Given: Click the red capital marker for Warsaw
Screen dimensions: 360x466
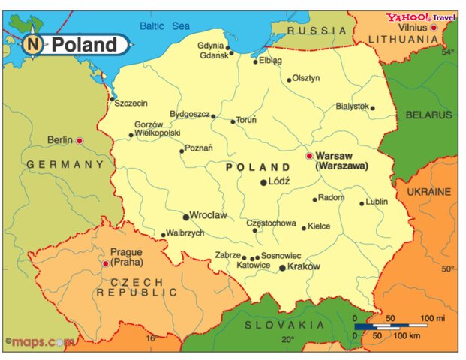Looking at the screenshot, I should [309, 156].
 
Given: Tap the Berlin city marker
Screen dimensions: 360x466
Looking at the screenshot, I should [80, 140].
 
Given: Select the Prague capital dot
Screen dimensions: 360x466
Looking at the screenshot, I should [105, 263].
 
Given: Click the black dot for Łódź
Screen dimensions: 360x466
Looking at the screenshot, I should [263, 182].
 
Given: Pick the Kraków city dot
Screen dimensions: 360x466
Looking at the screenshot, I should [282, 268].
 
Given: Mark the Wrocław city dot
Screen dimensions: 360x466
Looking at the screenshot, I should [186, 217].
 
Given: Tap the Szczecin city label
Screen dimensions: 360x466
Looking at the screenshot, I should [131, 103].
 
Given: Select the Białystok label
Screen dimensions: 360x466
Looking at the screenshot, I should [352, 106].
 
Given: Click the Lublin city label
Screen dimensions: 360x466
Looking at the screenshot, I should [377, 202].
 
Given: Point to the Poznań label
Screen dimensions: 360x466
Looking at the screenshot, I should [198, 148].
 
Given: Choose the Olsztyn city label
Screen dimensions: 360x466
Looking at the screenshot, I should [305, 77].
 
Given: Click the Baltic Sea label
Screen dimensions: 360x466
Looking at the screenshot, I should [164, 26].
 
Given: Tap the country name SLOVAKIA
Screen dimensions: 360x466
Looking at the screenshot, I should [285, 325].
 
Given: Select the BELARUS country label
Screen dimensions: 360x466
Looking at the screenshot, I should [429, 115].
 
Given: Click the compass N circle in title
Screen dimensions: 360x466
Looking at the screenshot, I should [33, 45].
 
